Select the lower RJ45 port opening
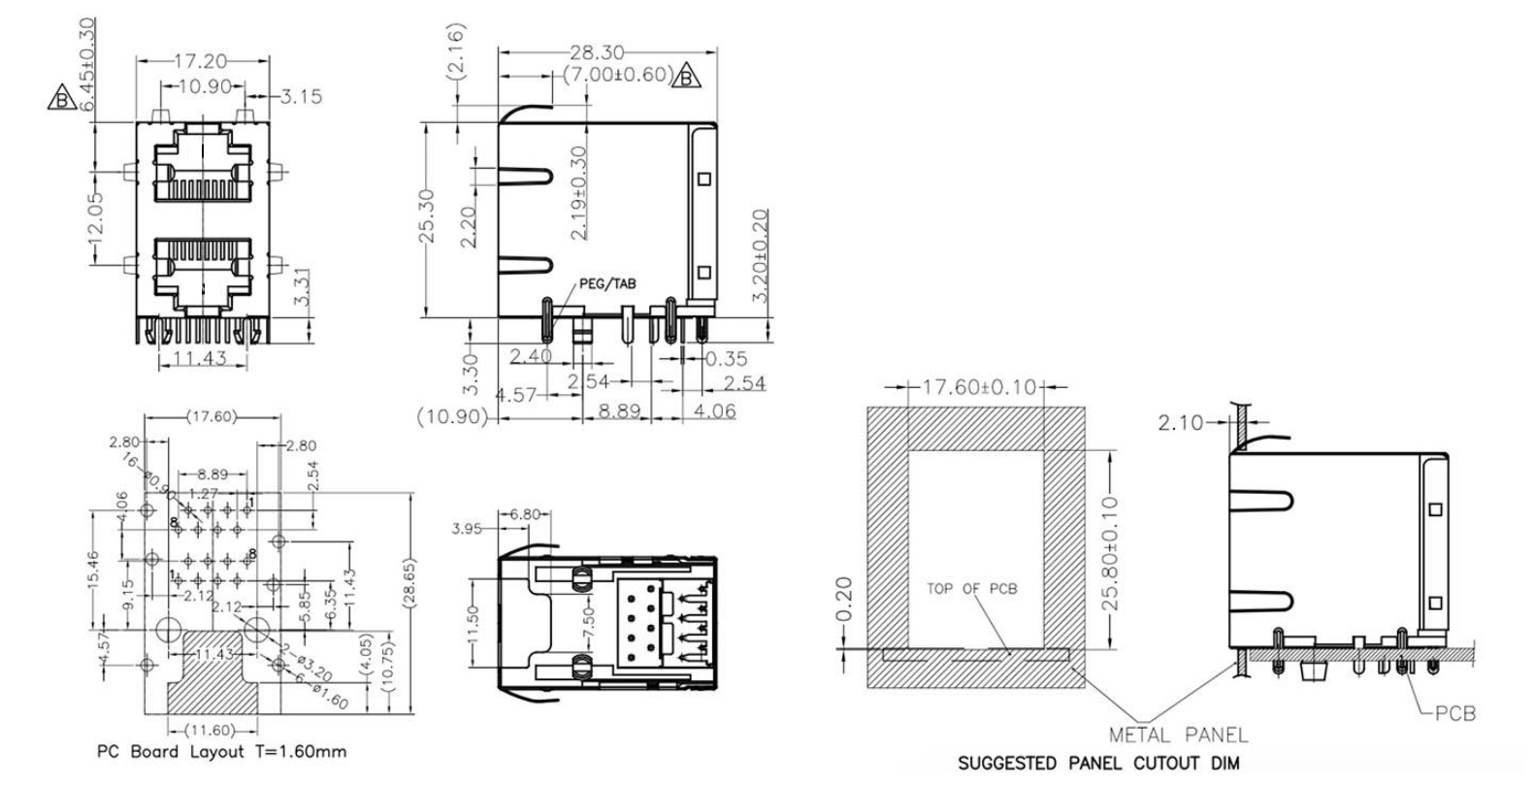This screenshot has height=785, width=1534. (203, 263)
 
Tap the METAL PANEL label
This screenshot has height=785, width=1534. (1178, 735)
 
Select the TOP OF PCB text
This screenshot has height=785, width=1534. (971, 588)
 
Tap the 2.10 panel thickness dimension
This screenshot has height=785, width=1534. (1180, 422)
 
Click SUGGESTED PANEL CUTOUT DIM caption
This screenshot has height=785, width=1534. (1097, 763)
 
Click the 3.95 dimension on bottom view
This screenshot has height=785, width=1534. (469, 529)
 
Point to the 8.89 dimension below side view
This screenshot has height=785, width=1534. (619, 411)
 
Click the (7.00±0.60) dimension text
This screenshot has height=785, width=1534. (617, 75)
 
